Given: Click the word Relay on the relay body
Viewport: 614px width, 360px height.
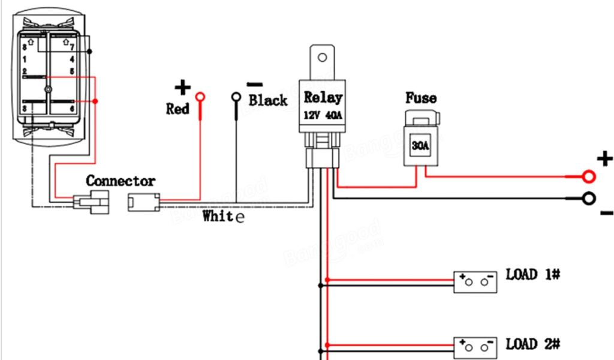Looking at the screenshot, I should (323, 97).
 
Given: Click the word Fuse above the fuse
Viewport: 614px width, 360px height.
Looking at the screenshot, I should (421, 98).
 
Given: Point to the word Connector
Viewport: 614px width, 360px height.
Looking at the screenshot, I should (121, 181).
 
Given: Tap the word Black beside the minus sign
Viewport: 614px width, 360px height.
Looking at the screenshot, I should (268, 100).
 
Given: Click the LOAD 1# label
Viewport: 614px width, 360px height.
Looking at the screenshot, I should (533, 275).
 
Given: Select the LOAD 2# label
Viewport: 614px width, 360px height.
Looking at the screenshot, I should (533, 344).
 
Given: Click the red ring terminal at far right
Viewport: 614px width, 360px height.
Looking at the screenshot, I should (589, 176).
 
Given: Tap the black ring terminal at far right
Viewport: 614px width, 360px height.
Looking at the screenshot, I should (589, 199).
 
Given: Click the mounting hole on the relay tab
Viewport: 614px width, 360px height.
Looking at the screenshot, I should (323, 58).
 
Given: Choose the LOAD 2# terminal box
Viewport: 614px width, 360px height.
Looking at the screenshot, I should (476, 348).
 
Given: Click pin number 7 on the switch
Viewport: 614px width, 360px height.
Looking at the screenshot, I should (72, 47).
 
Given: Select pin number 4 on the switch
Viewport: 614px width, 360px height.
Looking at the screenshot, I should (72, 59).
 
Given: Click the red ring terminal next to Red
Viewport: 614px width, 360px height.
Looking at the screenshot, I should (200, 97).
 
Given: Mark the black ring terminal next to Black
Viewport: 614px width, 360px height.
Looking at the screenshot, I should (236, 97).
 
